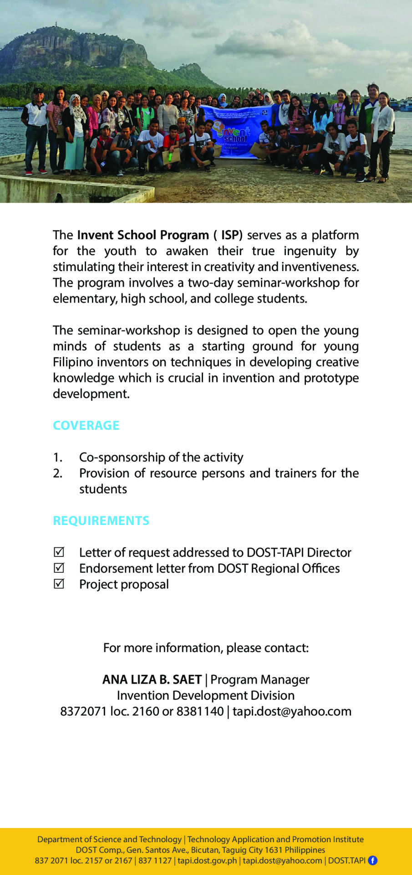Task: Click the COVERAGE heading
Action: pos(86,425)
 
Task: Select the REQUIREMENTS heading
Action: pos(101,520)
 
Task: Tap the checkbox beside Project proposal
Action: pos(59,584)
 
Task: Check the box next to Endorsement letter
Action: pos(59,568)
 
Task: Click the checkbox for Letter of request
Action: pos(59,552)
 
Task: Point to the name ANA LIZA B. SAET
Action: pos(152,679)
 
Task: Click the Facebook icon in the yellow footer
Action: pos(372,860)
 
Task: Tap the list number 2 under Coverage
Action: pos(57,473)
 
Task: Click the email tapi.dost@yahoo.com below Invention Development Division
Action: pos(292,711)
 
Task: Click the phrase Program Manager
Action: pos(260,679)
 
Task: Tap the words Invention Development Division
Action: pos(206,695)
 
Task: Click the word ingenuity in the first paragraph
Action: pos(310,251)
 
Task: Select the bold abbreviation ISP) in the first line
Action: pos(232,235)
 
